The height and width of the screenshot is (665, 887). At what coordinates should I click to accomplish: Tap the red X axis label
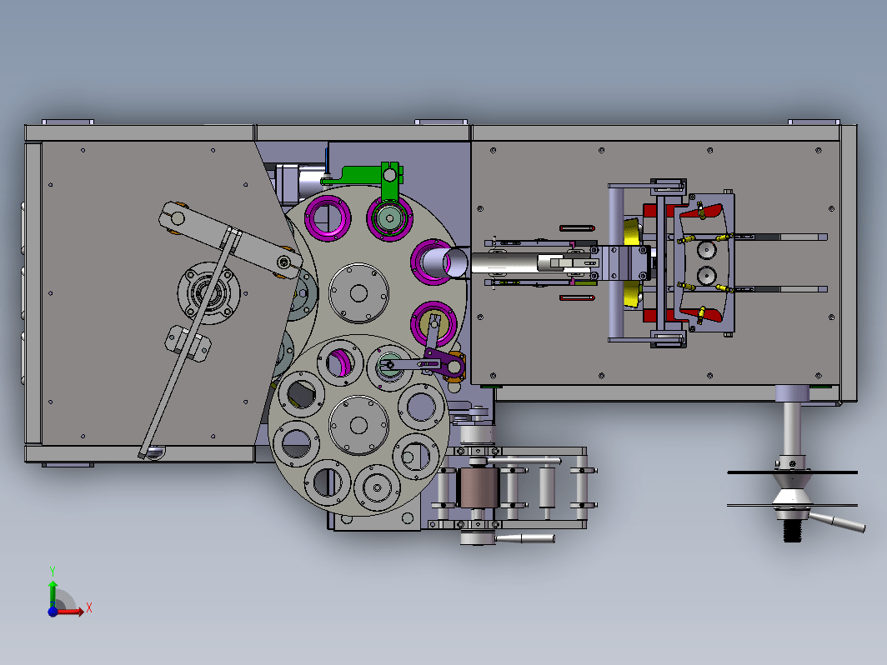coord(89,609)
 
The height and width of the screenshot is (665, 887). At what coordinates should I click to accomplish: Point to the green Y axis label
coord(52,571)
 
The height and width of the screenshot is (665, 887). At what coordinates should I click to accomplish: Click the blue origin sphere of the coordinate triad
coord(53,612)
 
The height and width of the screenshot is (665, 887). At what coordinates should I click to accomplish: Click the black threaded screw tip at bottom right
coord(793,531)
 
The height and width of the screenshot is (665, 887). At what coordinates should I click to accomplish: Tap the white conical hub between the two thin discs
coord(791,490)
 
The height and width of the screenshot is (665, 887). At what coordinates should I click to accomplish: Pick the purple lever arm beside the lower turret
coord(444,362)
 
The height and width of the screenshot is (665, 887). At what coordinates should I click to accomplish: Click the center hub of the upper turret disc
coord(358,293)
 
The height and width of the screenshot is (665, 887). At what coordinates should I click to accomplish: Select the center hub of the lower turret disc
coord(358,425)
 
